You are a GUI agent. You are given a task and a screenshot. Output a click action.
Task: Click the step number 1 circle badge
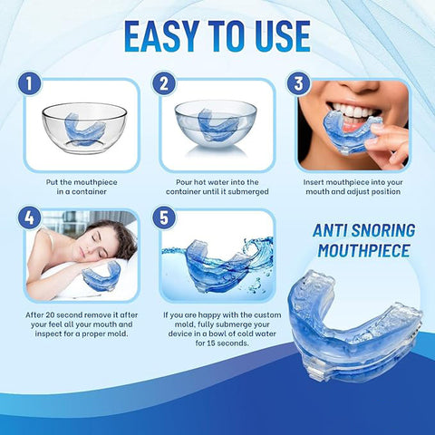tap(29, 83)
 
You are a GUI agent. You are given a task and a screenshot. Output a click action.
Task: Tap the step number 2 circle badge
tap(164, 83)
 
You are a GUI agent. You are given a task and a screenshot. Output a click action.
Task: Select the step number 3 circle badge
tap(299, 83)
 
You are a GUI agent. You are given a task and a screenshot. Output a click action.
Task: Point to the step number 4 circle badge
tap(29, 217)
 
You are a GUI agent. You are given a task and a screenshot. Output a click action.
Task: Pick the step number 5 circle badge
tap(164, 217)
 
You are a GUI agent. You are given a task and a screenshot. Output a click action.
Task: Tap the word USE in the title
tap(283, 36)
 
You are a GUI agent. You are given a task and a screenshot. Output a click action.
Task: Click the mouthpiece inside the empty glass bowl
tap(85, 129)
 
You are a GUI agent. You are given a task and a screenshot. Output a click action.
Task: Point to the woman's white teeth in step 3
tap(352, 112)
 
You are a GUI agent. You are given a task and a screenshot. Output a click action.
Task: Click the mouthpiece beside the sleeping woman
tap(101, 276)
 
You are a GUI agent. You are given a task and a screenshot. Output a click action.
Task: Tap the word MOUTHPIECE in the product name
tap(364, 251)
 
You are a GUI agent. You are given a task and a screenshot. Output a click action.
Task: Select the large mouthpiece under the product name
tap(353, 326)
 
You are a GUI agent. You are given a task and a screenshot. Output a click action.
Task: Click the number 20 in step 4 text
tap(50, 314)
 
